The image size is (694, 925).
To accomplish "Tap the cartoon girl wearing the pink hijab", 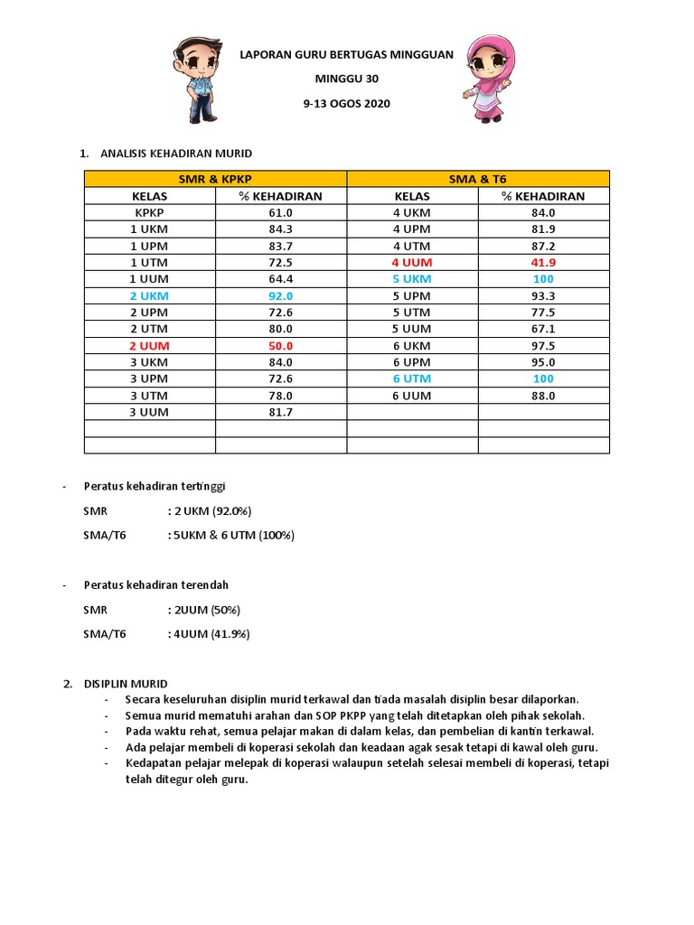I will tap(489, 79).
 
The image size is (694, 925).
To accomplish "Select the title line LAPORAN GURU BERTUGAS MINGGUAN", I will tap(346, 55).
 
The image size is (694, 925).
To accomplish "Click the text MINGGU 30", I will tap(346, 79).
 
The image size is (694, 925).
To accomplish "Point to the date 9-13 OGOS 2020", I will tap(346, 104).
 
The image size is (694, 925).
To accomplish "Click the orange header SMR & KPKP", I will tap(215, 179).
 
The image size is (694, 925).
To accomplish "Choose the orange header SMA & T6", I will tap(478, 179).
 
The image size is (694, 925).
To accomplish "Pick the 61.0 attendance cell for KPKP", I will tap(280, 212).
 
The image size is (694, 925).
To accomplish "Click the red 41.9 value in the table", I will tap(543, 262).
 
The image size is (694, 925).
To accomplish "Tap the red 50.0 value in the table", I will tap(280, 345).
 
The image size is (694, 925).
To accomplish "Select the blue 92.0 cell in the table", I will tap(280, 295).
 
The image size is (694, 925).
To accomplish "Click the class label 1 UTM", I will tap(149, 262).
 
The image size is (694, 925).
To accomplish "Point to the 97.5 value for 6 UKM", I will tap(543, 345).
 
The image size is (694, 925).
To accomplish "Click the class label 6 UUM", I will tap(412, 395).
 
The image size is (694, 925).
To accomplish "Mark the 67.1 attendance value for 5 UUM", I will tap(543, 329).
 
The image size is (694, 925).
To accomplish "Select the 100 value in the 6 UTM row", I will tap(543, 378).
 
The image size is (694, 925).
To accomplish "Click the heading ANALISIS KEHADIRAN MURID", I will tap(168, 154).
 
